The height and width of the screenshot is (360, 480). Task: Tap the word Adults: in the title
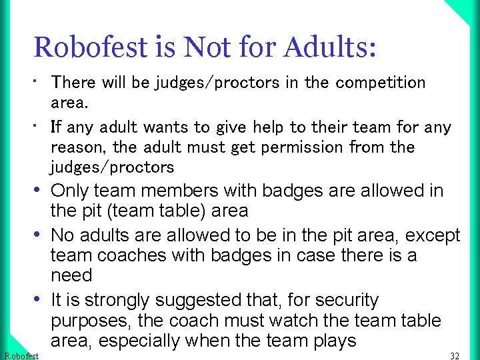point(330,47)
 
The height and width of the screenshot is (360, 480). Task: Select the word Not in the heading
point(207,47)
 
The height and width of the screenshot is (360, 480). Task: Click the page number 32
point(455,356)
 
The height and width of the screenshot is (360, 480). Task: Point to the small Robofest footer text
point(21,356)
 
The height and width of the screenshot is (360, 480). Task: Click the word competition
point(380,83)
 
